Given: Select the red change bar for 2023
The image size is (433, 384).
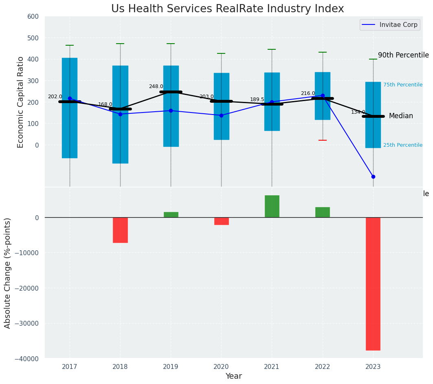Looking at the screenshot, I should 373,284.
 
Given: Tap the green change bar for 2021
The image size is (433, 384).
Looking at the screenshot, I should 272,206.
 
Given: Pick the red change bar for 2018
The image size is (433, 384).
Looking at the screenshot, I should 120,230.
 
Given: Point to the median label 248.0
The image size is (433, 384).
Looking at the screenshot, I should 156,86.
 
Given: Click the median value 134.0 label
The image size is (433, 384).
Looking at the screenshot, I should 358,112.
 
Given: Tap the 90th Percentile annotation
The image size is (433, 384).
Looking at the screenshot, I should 403,55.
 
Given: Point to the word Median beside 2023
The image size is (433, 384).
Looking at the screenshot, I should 401,116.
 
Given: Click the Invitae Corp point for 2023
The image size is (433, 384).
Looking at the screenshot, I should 373,177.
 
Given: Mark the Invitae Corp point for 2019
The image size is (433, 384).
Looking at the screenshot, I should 171,110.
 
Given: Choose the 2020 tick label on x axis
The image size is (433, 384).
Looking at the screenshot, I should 221,367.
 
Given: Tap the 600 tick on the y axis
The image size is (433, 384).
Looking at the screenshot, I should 33,17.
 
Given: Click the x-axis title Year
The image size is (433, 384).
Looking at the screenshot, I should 233,376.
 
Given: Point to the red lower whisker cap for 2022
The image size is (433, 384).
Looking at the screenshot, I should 323,140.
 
